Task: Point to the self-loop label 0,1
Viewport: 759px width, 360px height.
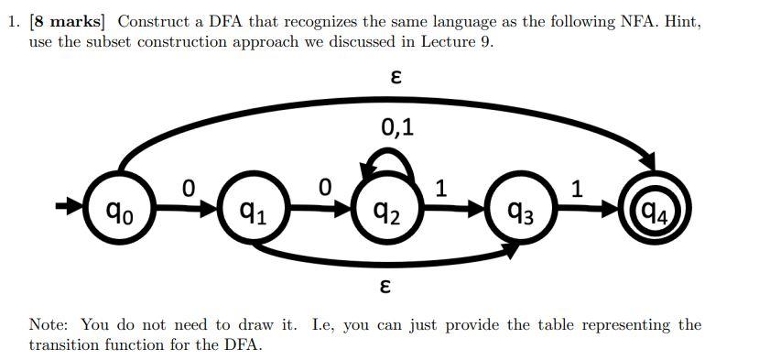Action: pos(396,127)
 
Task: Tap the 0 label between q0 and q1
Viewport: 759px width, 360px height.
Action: pos(188,188)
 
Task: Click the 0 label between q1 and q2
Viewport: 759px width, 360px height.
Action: pos(324,188)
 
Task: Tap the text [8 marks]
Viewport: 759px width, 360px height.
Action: pos(70,21)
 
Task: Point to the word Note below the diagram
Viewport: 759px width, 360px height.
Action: pos(49,325)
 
